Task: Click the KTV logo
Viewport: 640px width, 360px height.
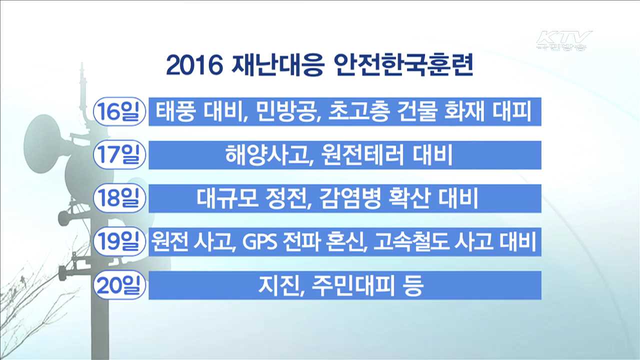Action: (564, 40)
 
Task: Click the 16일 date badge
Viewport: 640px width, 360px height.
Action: (119, 111)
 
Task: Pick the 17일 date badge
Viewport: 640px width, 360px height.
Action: (119, 155)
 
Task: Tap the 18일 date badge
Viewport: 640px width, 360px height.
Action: (119, 198)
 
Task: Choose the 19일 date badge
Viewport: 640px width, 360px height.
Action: (119, 242)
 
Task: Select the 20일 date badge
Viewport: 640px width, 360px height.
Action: (119, 285)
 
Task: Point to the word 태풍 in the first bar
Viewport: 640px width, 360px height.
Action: (173, 111)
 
